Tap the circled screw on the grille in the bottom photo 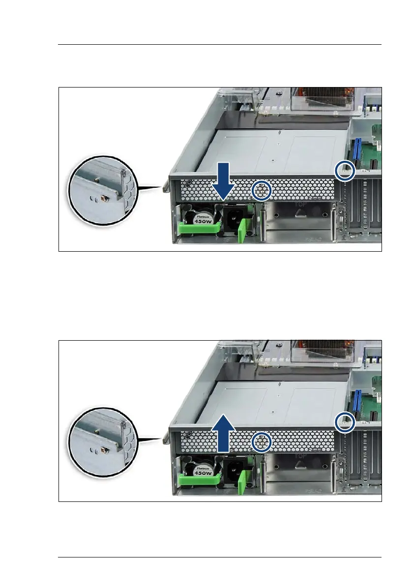[x=262, y=442]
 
